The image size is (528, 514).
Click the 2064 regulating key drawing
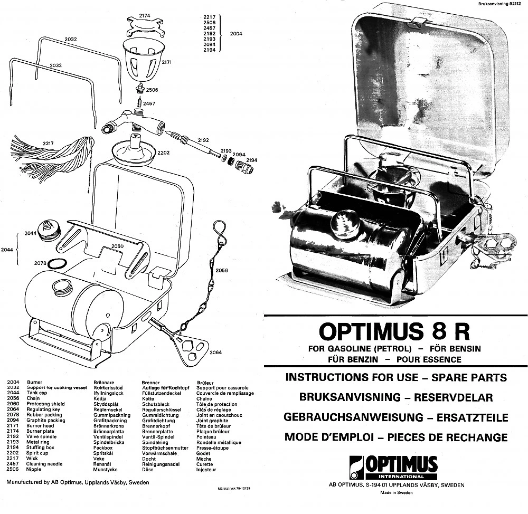point(191,351)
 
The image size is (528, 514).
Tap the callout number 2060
point(117,246)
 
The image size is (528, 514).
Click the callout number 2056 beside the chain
point(222,270)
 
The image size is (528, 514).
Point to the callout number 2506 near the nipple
point(152,90)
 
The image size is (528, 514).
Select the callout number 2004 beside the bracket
point(237,34)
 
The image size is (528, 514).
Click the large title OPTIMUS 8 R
point(394,332)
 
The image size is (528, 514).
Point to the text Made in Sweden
point(396,493)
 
